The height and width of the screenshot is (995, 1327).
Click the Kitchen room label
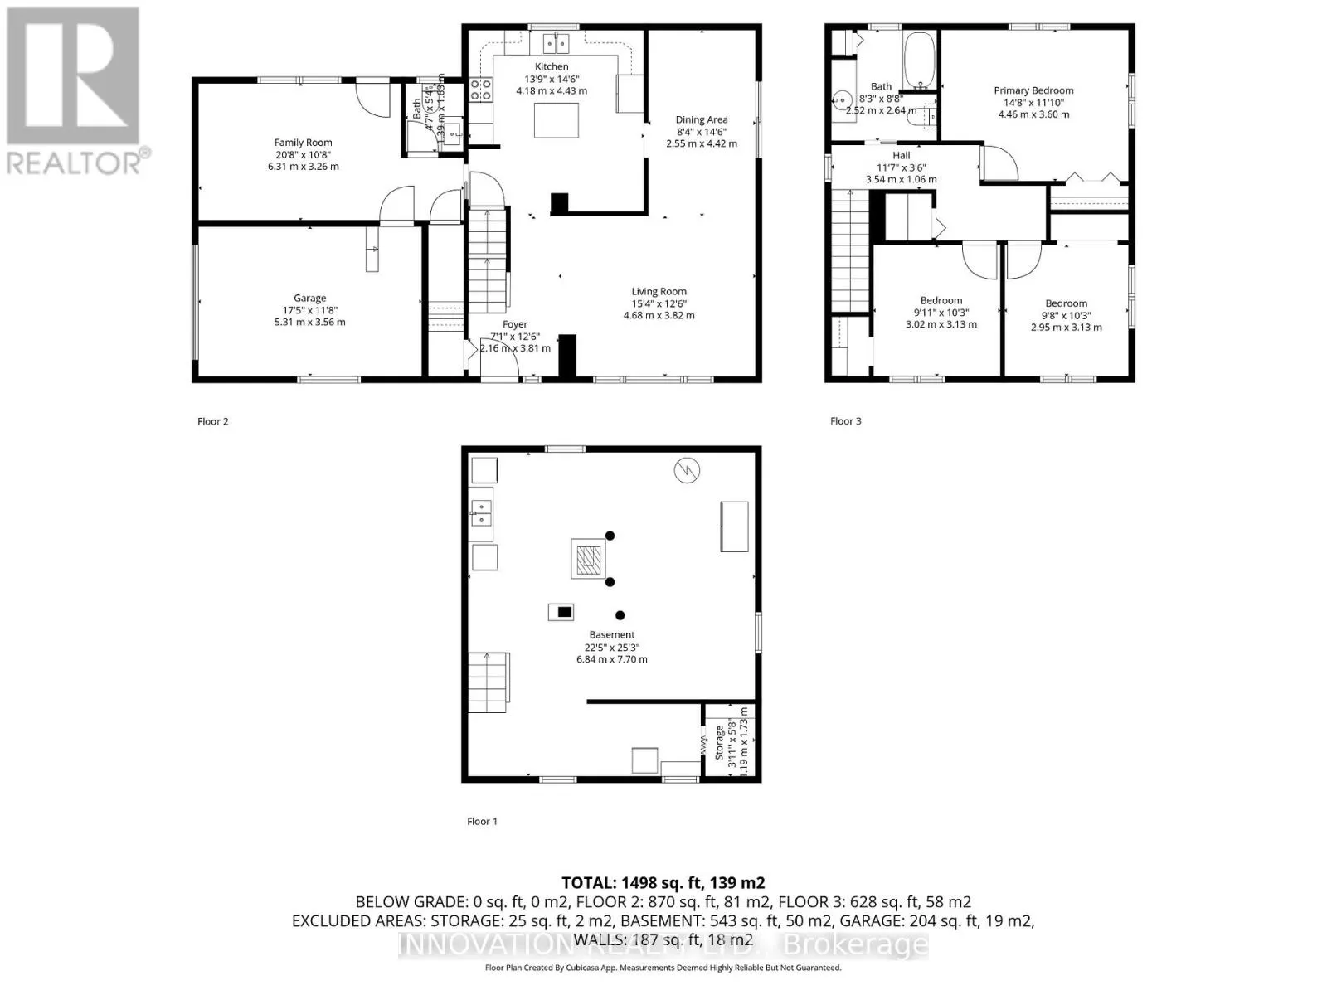coord(552,66)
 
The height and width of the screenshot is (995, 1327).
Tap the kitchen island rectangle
coord(556,120)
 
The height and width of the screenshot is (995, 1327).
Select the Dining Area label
coord(701,120)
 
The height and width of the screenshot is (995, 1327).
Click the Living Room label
coord(659,292)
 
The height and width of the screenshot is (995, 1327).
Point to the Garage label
coord(309,298)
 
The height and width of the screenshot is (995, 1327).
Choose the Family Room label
coord(303,143)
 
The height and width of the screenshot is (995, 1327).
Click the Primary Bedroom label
coord(1033,91)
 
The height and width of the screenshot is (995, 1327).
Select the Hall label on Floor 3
coord(902,156)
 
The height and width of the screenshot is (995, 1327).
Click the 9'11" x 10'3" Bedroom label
coord(941,301)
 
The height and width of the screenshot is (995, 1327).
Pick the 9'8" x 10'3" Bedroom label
coord(1066,303)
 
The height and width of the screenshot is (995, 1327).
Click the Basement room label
coord(612,635)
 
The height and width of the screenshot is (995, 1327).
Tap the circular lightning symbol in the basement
coord(687,471)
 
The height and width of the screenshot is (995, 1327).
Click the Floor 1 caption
coord(482,822)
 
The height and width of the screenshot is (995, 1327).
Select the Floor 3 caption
coord(845,421)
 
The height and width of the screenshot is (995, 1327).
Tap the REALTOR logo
coord(75,91)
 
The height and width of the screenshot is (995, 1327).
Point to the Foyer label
coord(514,325)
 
